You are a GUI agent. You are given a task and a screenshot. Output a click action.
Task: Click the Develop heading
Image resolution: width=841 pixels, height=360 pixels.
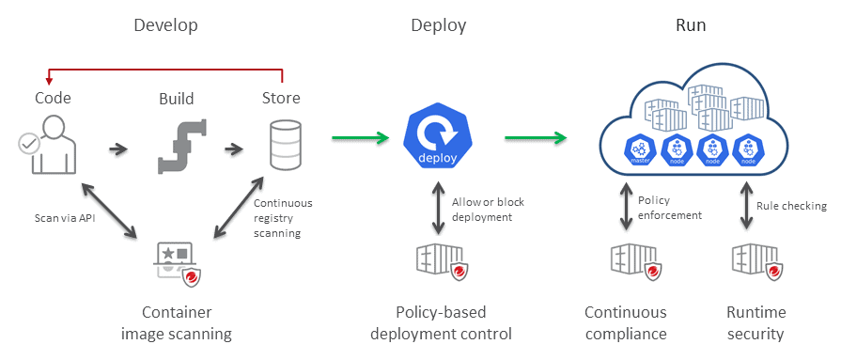tap(165, 25)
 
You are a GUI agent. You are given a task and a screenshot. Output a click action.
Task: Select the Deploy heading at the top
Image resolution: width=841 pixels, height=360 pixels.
tap(438, 25)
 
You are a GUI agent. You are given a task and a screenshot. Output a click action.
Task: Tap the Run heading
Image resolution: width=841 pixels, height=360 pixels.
tap(691, 25)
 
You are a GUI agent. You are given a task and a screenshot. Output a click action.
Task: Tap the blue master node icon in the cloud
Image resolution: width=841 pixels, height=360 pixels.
tap(641, 149)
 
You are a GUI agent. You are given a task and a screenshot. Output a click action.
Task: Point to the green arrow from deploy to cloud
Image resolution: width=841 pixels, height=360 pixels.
tap(536, 139)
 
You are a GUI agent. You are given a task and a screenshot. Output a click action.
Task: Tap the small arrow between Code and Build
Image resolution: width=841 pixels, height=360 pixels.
tap(118, 149)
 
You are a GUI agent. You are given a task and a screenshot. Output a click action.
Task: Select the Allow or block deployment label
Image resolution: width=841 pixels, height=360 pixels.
tap(488, 209)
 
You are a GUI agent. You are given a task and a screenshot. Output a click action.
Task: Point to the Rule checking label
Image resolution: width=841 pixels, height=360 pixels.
tap(791, 206)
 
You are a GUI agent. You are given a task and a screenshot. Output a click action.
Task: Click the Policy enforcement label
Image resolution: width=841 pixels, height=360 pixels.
tap(668, 207)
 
